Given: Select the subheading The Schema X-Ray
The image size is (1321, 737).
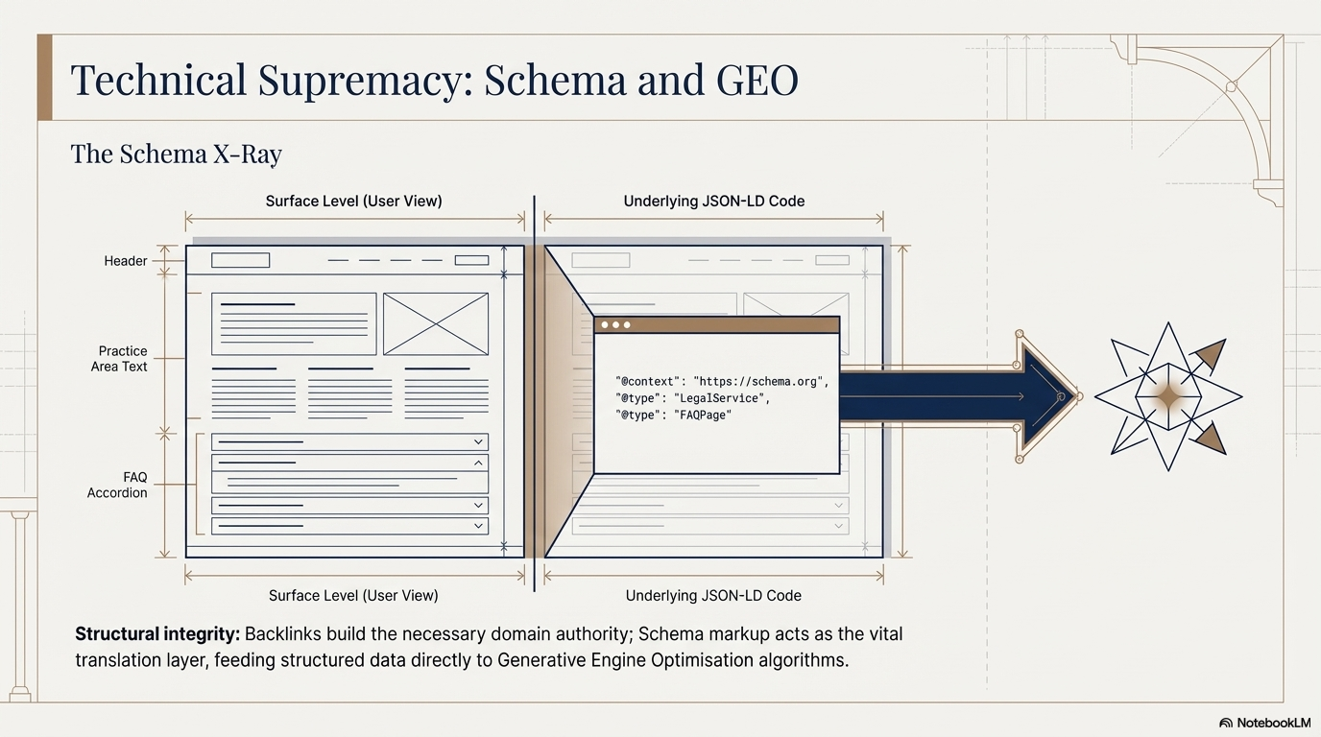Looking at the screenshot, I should click(176, 154).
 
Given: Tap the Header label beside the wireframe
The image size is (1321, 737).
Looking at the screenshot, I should click(126, 261).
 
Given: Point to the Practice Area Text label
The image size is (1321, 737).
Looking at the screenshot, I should click(122, 359).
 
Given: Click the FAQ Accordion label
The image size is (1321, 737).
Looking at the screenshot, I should click(118, 485).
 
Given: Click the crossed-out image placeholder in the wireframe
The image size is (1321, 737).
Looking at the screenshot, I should click(435, 324).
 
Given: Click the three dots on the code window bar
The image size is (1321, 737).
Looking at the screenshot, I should click(614, 325).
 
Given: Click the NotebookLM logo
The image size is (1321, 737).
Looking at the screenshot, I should click(1264, 723).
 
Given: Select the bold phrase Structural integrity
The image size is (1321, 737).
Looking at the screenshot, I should click(157, 634).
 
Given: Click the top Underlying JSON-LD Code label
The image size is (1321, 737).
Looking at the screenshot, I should click(713, 202).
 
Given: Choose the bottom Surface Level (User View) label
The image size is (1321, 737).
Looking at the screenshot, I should click(353, 596).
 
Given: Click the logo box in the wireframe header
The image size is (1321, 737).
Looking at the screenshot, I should click(240, 260).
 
